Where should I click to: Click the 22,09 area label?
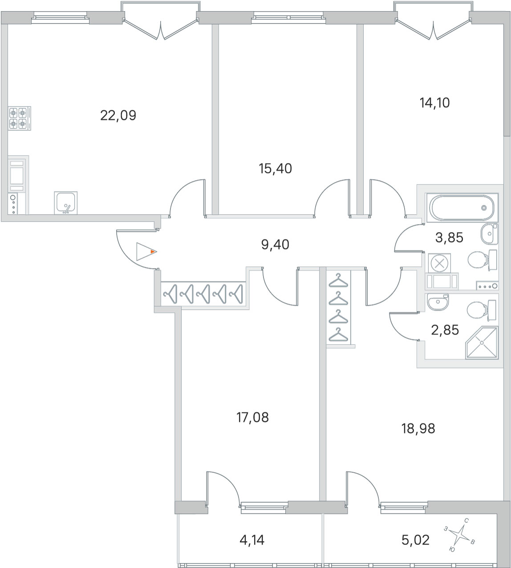pos(118,116)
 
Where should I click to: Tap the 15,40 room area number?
pos(276,169)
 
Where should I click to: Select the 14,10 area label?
pos(422,103)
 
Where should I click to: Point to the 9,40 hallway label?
pos(275,244)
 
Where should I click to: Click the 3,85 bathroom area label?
pos(449,238)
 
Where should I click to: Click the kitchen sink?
pos(65,203)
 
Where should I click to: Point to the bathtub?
pos(460,207)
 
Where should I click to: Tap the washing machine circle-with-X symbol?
pos(439,263)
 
